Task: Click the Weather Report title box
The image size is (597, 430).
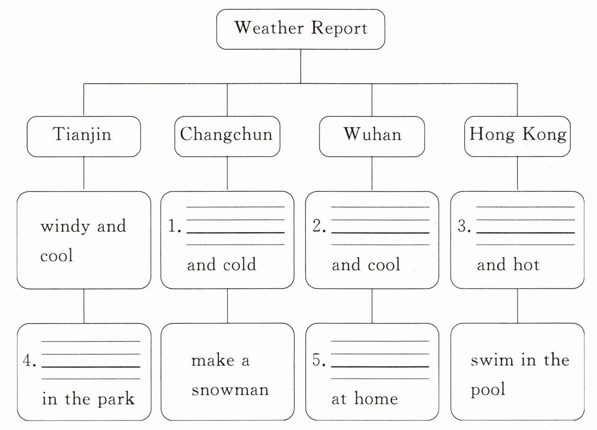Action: pyautogui.click(x=301, y=29)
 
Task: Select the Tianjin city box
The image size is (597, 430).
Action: pyautogui.click(x=83, y=136)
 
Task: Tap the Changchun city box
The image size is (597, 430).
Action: pyautogui.click(x=227, y=136)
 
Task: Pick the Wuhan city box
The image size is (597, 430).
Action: pyautogui.click(x=372, y=136)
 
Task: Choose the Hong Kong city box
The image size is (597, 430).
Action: pyautogui.click(x=517, y=136)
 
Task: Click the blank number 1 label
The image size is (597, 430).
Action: pyautogui.click(x=174, y=226)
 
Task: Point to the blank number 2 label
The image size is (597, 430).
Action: pyautogui.click(x=319, y=226)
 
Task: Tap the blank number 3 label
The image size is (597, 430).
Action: pyautogui.click(x=464, y=226)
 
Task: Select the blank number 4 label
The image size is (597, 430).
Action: pyautogui.click(x=29, y=361)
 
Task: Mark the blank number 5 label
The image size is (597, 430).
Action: pyautogui.click(x=319, y=361)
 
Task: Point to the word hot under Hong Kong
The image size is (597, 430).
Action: pyautogui.click(x=526, y=265)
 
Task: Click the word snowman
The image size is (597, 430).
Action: pyautogui.click(x=230, y=390)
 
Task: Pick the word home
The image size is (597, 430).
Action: pyautogui.click(x=376, y=399)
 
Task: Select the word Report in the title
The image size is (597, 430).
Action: pyautogui.click(x=339, y=29)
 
